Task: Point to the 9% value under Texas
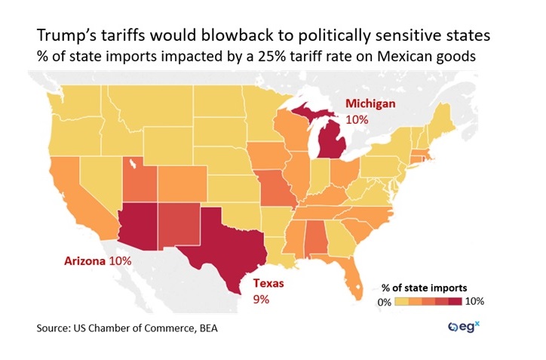click(259, 300)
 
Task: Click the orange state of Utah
click(140, 177)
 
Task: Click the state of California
click(75, 189)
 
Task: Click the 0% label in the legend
click(385, 301)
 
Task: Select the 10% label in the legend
click(474, 301)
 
